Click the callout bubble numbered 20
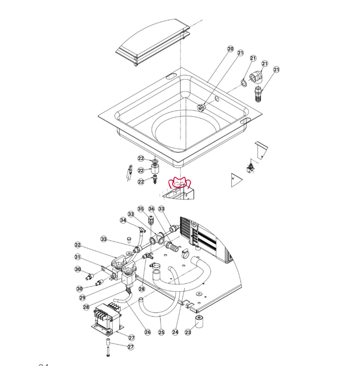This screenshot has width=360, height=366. (x=230, y=49)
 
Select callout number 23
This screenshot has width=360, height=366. (x=188, y=332)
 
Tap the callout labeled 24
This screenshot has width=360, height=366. (x=175, y=332)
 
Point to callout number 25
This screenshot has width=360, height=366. (x=161, y=332)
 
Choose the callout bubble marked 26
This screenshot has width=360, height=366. (x=148, y=332)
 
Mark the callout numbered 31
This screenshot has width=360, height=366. (x=78, y=257)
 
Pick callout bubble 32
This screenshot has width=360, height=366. (x=78, y=245)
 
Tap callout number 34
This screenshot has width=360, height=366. (x=123, y=220)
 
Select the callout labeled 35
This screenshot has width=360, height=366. (x=141, y=209)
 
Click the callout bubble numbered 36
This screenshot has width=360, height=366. (x=151, y=209)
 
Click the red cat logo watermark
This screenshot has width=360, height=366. (x=180, y=183)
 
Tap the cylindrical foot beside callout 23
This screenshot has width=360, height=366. (x=200, y=321)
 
